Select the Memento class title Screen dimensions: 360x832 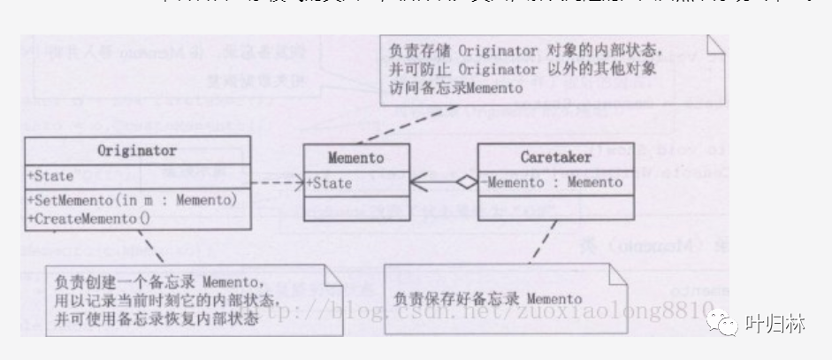point(355,160)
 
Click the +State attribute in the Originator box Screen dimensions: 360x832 point(50,175)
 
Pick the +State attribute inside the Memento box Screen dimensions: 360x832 point(331,184)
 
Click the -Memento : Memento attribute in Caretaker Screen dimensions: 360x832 point(553,184)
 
